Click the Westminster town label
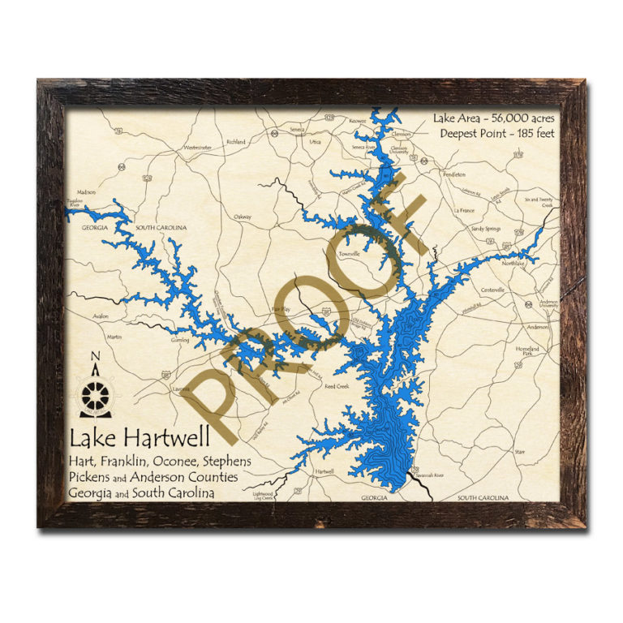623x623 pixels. [x=197, y=148]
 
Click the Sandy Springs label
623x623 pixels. [x=487, y=229]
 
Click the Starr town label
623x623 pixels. [x=520, y=449]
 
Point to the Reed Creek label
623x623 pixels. [x=336, y=386]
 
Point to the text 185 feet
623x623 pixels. [x=531, y=133]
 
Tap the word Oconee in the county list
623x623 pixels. [x=174, y=461]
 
